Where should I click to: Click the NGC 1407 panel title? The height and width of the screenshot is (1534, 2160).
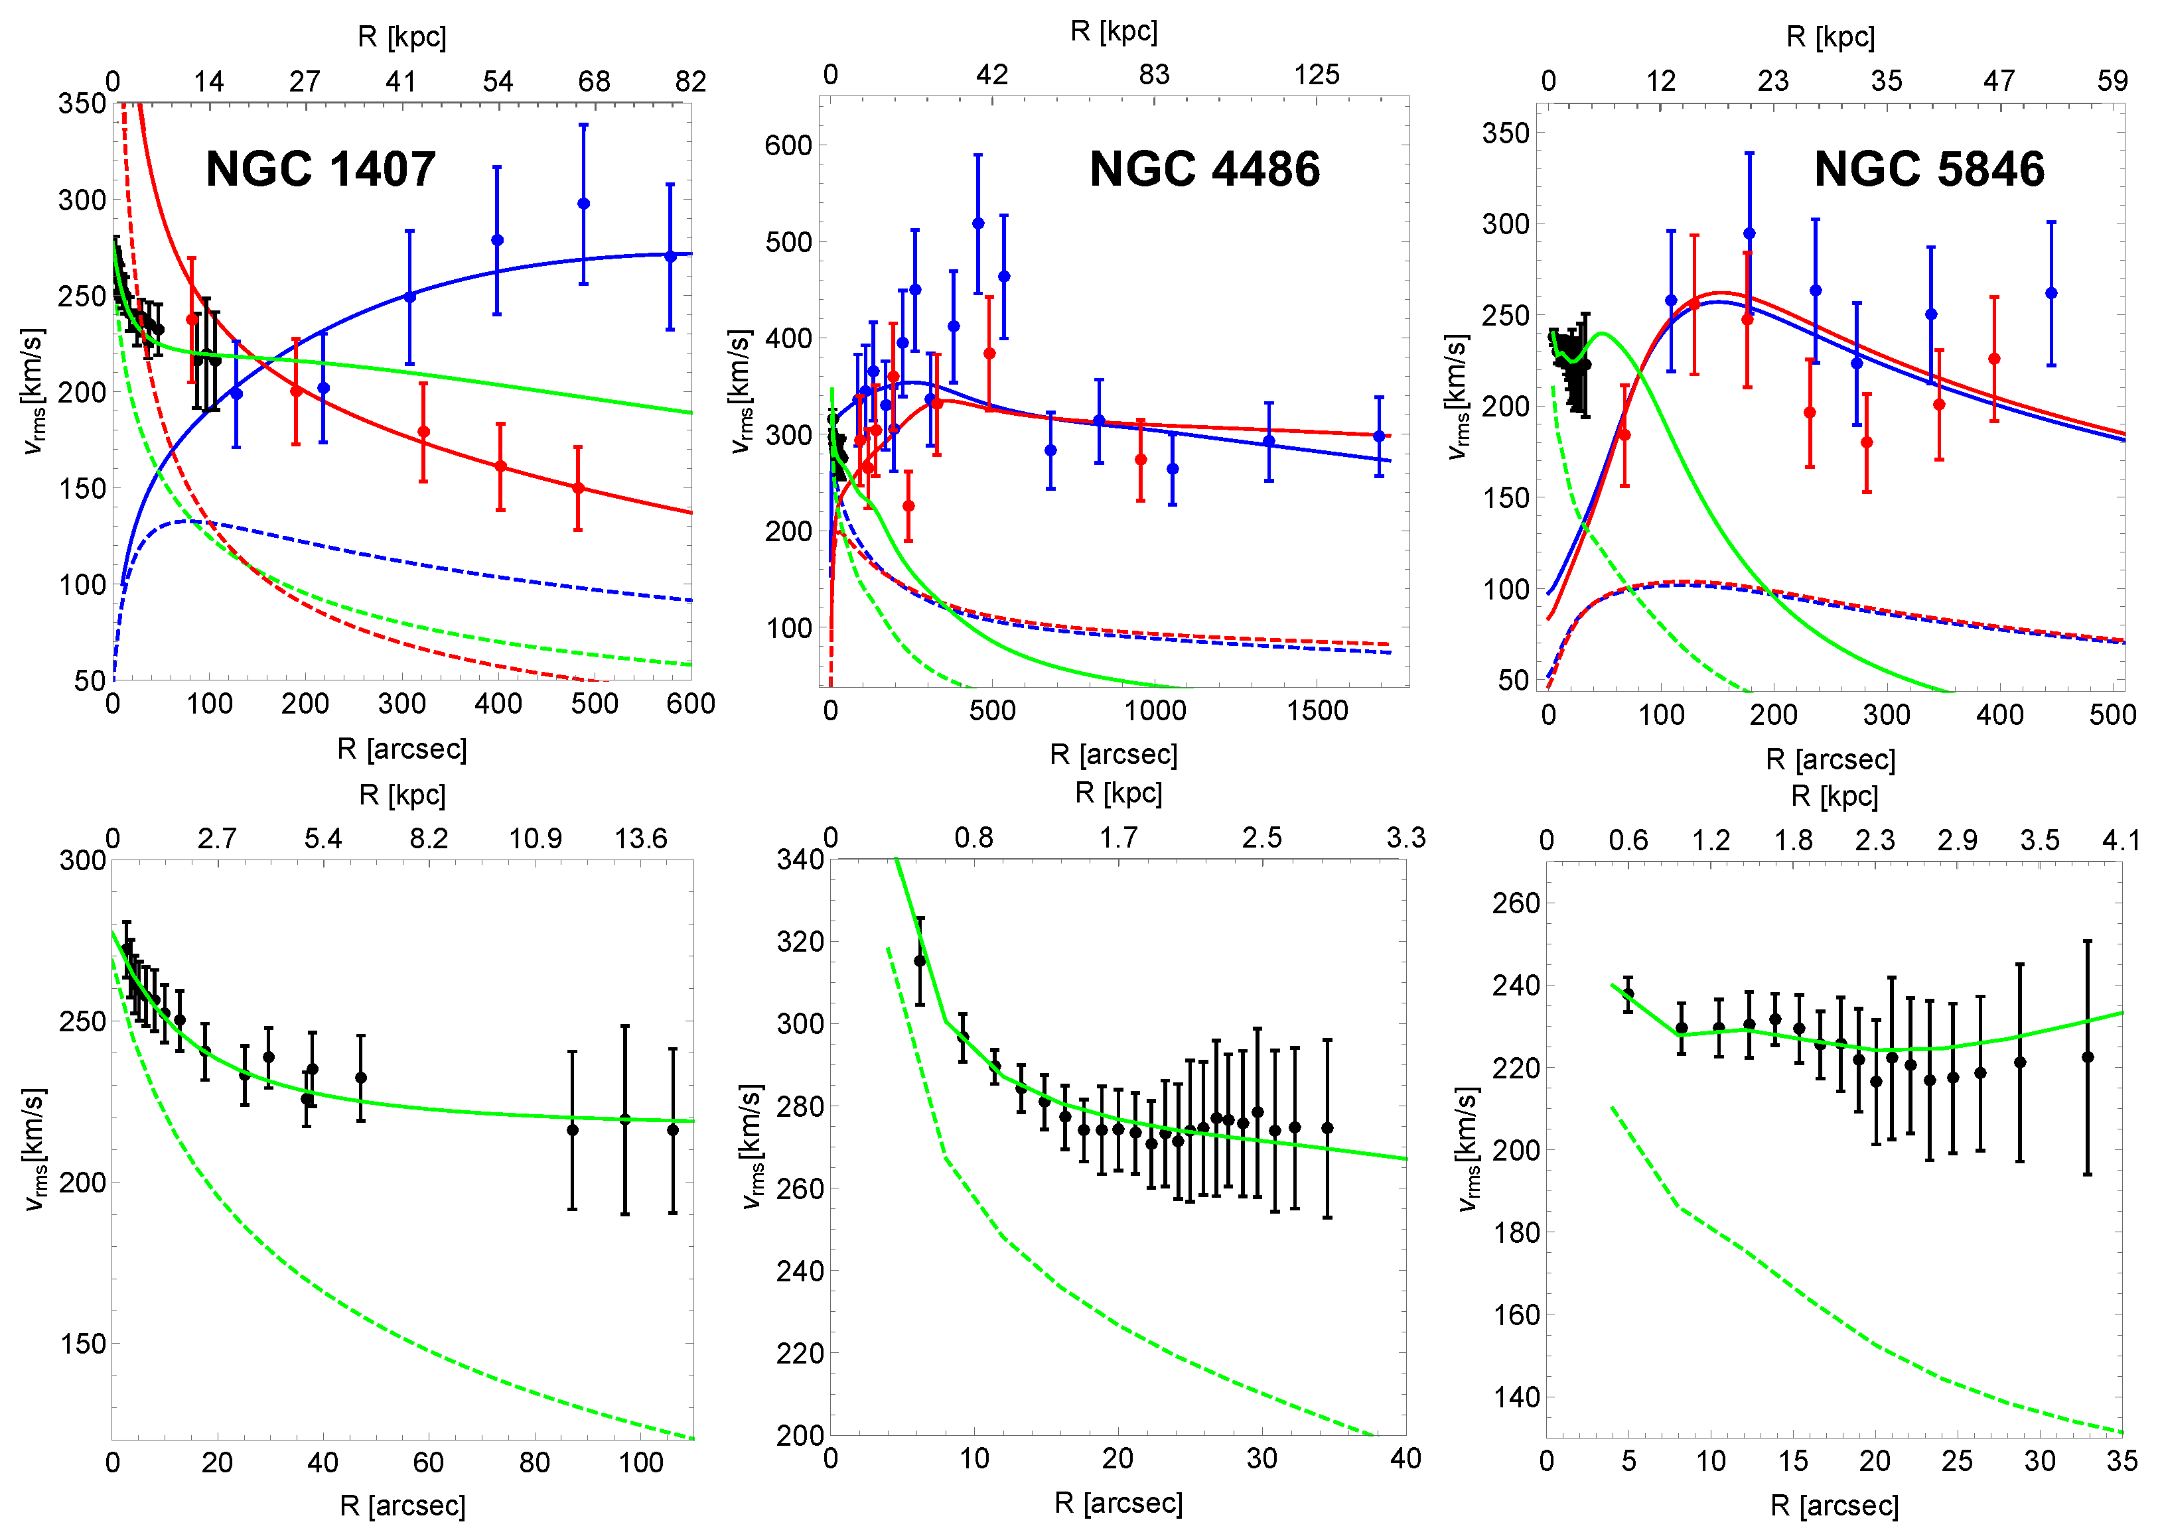click(x=321, y=170)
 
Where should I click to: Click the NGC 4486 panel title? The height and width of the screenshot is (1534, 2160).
click(x=1204, y=170)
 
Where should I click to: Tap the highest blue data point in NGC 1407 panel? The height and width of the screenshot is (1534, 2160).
click(x=583, y=204)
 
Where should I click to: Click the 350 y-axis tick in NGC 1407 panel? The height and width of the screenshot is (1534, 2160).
click(x=82, y=103)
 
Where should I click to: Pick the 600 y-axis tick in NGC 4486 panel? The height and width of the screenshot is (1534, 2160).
click(x=788, y=145)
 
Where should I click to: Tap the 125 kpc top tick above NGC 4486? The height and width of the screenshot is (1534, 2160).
click(x=1315, y=75)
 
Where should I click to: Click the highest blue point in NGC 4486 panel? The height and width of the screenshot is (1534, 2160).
click(x=978, y=224)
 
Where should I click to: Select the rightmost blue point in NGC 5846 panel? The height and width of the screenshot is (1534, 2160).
click(x=2051, y=294)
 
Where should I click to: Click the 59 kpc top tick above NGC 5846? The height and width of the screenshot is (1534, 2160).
click(x=2112, y=81)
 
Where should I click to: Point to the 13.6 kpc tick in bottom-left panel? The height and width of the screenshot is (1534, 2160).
click(x=640, y=839)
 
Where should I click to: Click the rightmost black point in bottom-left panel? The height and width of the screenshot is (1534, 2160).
click(x=673, y=1129)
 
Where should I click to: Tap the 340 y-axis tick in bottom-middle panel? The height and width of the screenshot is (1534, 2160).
click(x=800, y=860)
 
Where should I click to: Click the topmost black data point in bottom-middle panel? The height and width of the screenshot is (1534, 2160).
click(x=919, y=960)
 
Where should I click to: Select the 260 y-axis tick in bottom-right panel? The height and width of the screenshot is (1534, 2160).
click(x=1516, y=903)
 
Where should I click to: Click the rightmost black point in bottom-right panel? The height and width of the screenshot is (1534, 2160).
click(x=2087, y=1057)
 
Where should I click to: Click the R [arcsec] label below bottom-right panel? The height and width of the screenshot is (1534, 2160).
click(x=1833, y=1505)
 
